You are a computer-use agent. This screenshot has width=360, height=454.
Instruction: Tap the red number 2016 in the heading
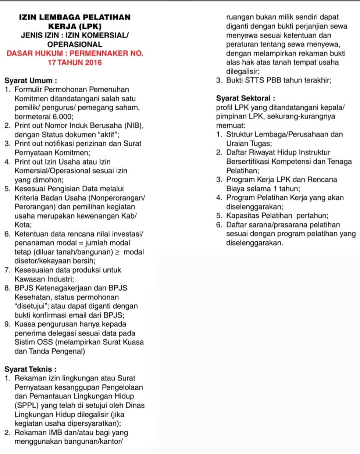[x=93, y=63]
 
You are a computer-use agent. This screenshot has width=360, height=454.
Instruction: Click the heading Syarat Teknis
[x=31, y=369]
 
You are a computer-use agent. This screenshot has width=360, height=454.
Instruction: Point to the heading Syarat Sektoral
[x=246, y=98]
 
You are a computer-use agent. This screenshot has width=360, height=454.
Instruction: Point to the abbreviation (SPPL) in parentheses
[x=26, y=405]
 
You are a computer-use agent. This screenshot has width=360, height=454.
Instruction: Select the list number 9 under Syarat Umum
[x=7, y=324]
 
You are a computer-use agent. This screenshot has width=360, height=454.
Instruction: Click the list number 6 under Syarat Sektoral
[x=219, y=225]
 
